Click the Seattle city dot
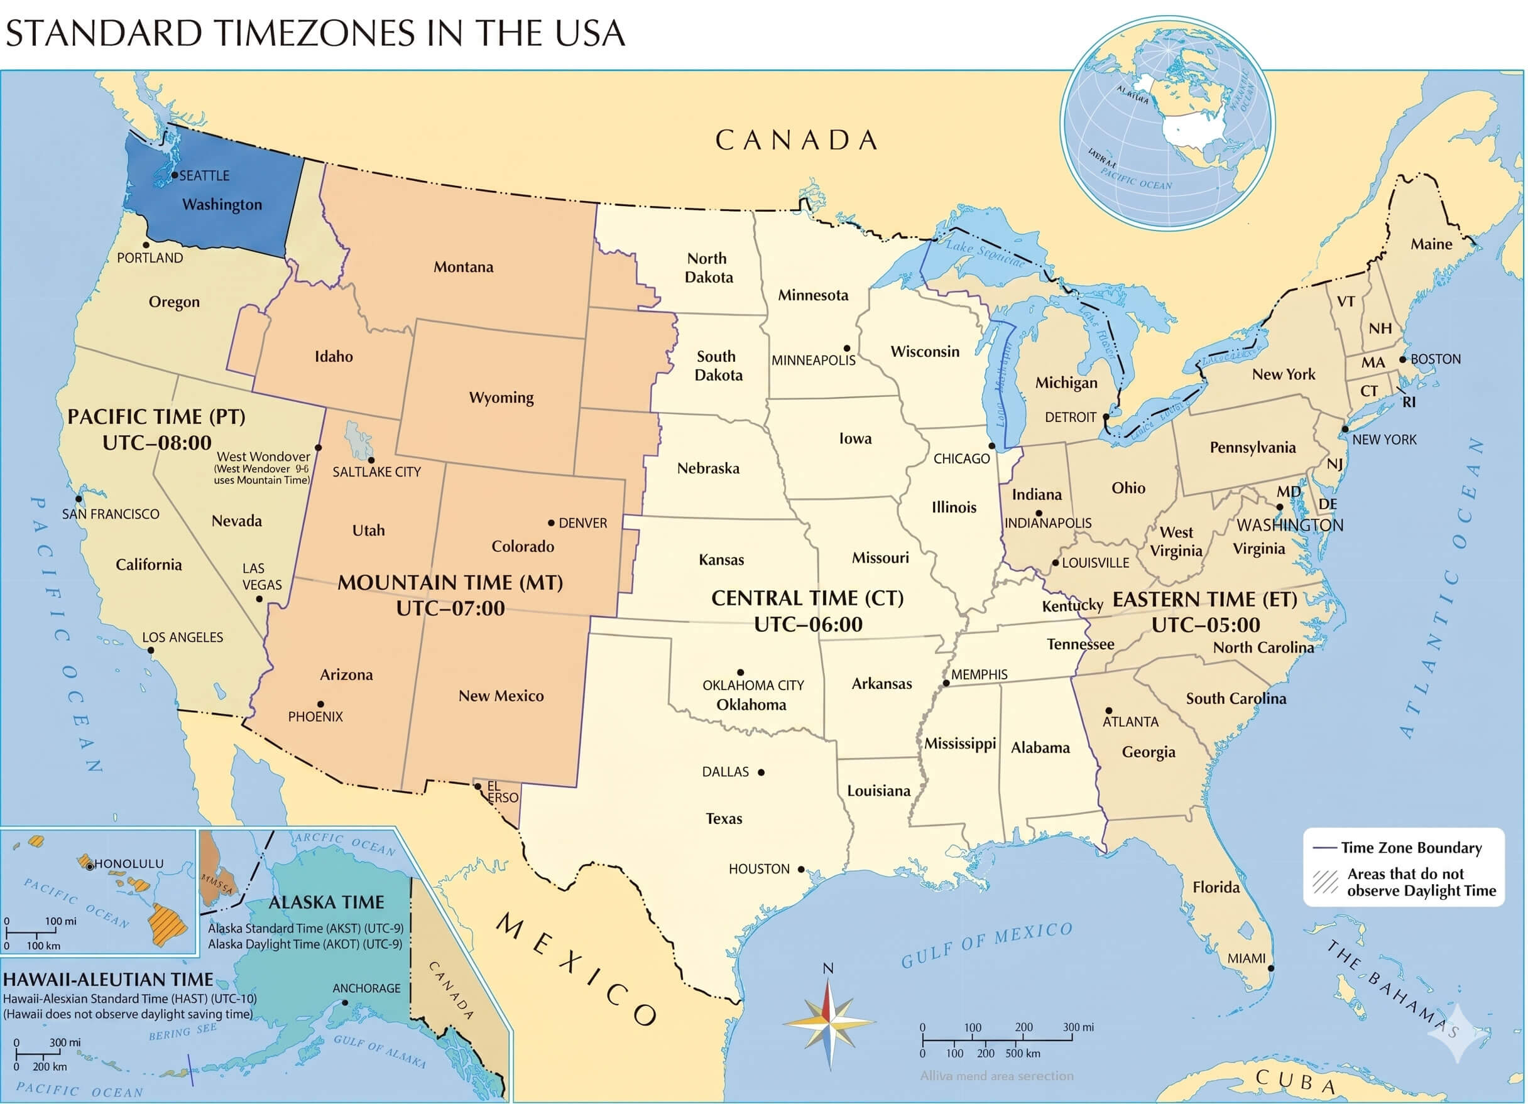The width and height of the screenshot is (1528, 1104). (x=175, y=175)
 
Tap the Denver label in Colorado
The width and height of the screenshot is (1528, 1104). (x=583, y=523)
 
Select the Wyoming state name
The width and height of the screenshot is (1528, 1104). (x=501, y=398)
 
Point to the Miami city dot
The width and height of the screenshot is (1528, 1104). (x=1271, y=968)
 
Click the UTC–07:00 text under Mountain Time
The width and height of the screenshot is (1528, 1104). (x=450, y=609)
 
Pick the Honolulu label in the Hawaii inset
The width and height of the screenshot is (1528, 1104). (x=129, y=863)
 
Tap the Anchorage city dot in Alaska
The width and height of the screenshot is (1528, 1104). (x=346, y=1002)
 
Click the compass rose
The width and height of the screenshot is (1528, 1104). (x=829, y=1024)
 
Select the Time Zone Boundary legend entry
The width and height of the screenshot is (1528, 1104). (x=1411, y=848)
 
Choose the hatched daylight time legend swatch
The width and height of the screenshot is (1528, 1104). (x=1325, y=882)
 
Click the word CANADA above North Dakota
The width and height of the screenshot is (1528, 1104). (x=796, y=140)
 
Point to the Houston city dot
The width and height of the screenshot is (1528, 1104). (x=801, y=870)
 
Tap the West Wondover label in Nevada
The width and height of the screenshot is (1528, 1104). (x=263, y=457)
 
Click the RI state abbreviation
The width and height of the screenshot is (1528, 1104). (x=1409, y=403)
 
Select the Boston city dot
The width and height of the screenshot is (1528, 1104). (x=1404, y=360)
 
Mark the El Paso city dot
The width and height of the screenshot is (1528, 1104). (x=477, y=786)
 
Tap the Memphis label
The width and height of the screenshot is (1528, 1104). (x=979, y=674)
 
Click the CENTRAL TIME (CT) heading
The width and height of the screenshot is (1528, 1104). (x=807, y=598)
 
